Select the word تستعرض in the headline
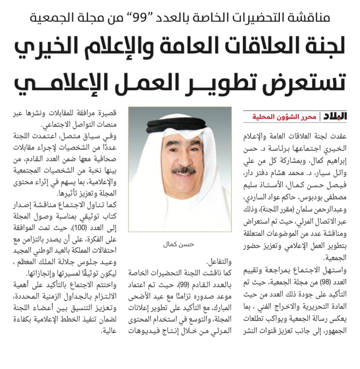click(308, 83)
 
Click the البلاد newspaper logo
click(335, 116)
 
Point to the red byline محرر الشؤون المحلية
click(284, 117)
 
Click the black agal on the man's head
click(179, 125)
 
